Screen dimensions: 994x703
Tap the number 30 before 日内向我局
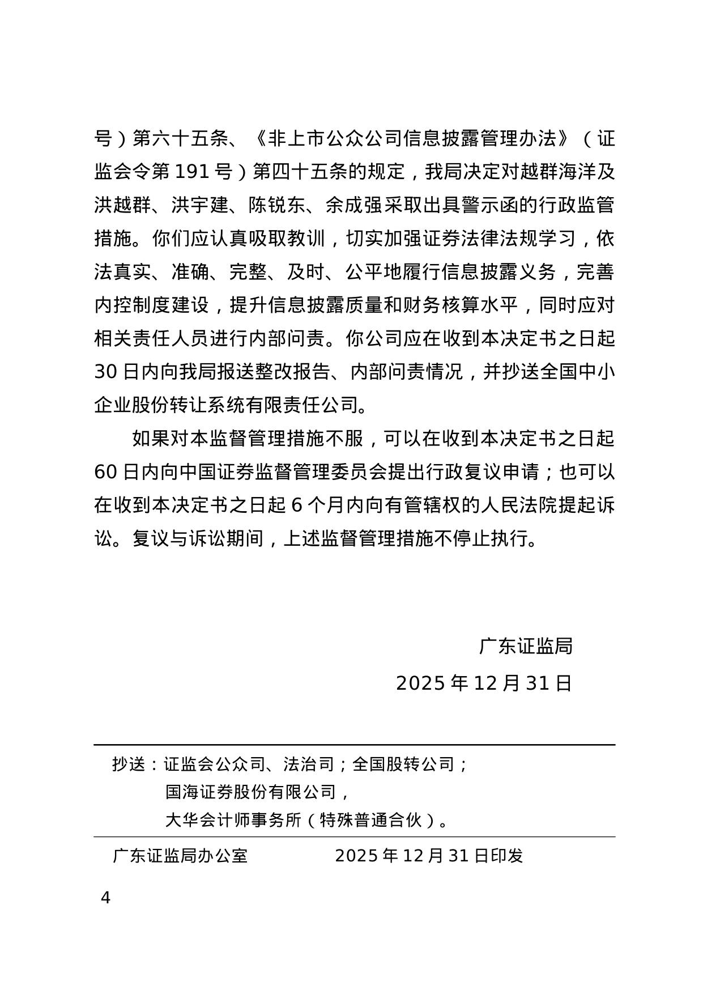pos(106,372)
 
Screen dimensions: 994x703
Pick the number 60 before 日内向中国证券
pos(106,471)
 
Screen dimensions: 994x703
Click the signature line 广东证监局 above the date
pos(526,645)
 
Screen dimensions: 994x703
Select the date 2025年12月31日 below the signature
pos(484,683)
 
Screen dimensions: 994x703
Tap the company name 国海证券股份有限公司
pos(258,792)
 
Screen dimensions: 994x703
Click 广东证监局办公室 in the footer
pos(180,855)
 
